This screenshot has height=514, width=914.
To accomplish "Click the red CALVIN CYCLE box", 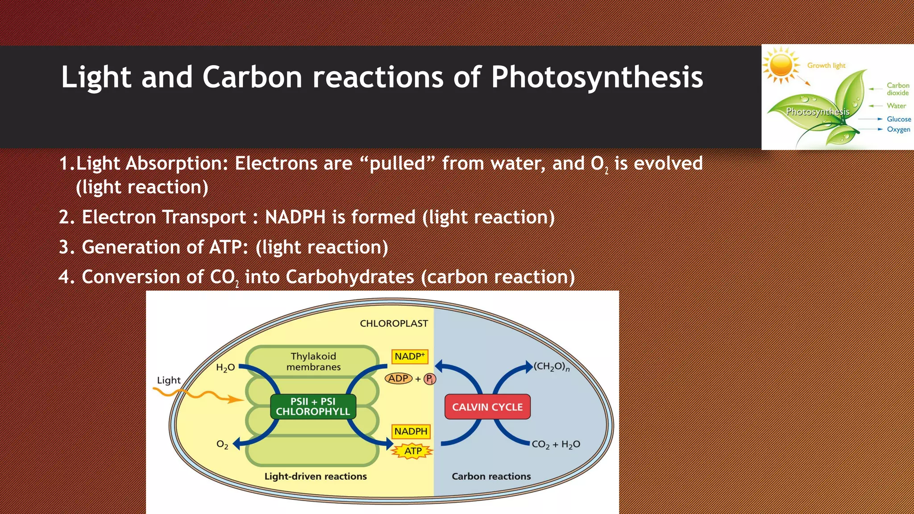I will tap(487, 406).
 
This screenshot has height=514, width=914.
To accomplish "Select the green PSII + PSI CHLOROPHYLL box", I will tap(313, 406).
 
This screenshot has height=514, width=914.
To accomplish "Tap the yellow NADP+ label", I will tap(410, 356).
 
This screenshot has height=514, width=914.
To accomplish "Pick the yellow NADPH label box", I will tap(411, 431).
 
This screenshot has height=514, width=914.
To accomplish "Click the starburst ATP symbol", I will tap(413, 451).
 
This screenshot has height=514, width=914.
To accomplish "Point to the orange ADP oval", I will tap(398, 378).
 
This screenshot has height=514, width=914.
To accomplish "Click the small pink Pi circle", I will tap(429, 379).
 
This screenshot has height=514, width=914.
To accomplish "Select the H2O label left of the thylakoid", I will tap(225, 368).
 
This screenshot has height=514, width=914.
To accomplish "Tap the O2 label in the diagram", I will tap(222, 444).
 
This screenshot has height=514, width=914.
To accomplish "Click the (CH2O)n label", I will tap(552, 367).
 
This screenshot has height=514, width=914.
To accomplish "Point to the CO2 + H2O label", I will tap(556, 444).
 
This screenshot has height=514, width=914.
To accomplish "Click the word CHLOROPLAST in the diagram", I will tap(394, 323).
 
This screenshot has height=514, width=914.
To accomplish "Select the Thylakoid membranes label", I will tap(313, 361).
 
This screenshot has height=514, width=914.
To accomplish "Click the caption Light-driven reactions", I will tap(316, 476).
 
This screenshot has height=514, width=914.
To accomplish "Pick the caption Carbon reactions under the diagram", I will tap(491, 476).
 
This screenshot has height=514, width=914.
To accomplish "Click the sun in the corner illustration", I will tap(781, 65).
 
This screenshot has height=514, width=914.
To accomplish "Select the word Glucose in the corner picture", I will tap(898, 119).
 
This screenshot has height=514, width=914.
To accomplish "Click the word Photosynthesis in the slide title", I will tap(597, 77).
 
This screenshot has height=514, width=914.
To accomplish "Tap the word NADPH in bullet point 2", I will tap(295, 217).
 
